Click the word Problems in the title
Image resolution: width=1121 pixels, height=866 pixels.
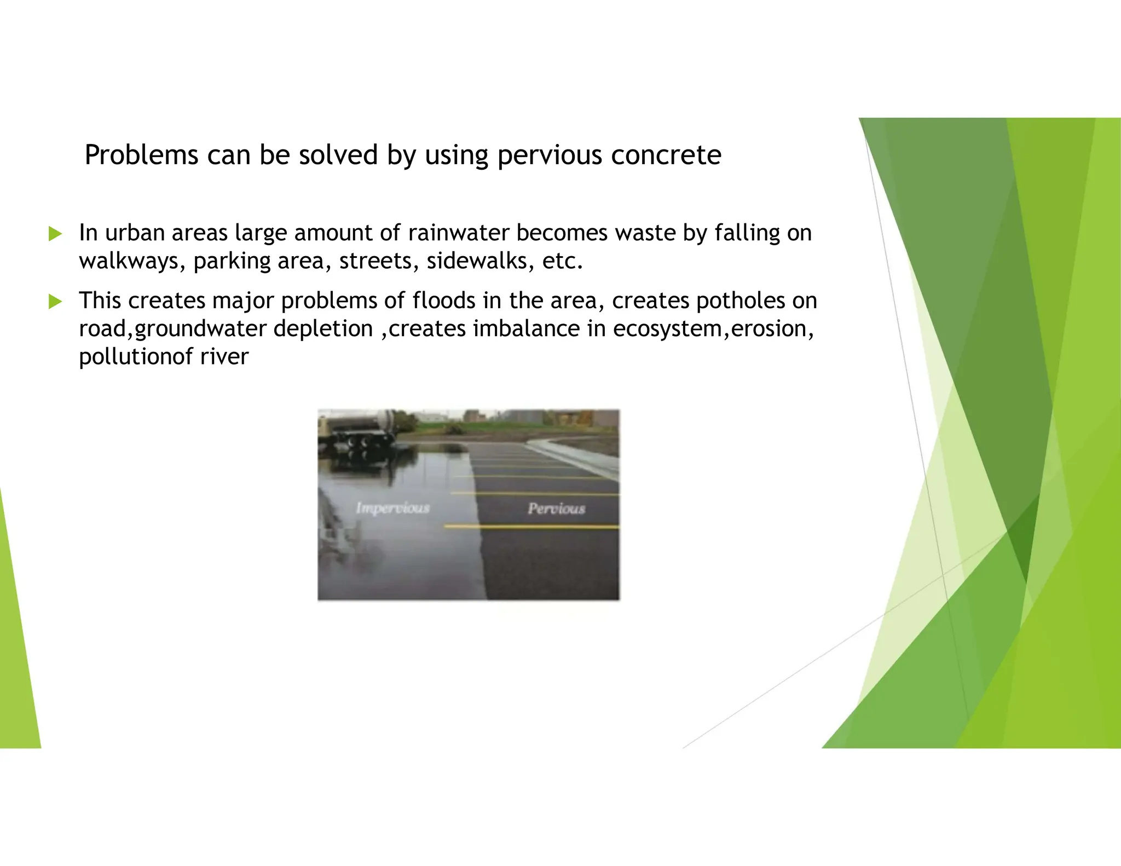141,155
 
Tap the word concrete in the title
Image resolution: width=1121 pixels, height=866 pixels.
666,155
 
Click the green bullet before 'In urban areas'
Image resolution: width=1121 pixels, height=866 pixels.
55,234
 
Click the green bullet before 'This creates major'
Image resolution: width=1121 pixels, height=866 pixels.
55,301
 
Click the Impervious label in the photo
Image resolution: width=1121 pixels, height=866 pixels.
392,508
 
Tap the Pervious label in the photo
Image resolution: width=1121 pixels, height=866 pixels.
556,509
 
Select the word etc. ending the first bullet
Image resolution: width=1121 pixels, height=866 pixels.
562,261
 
